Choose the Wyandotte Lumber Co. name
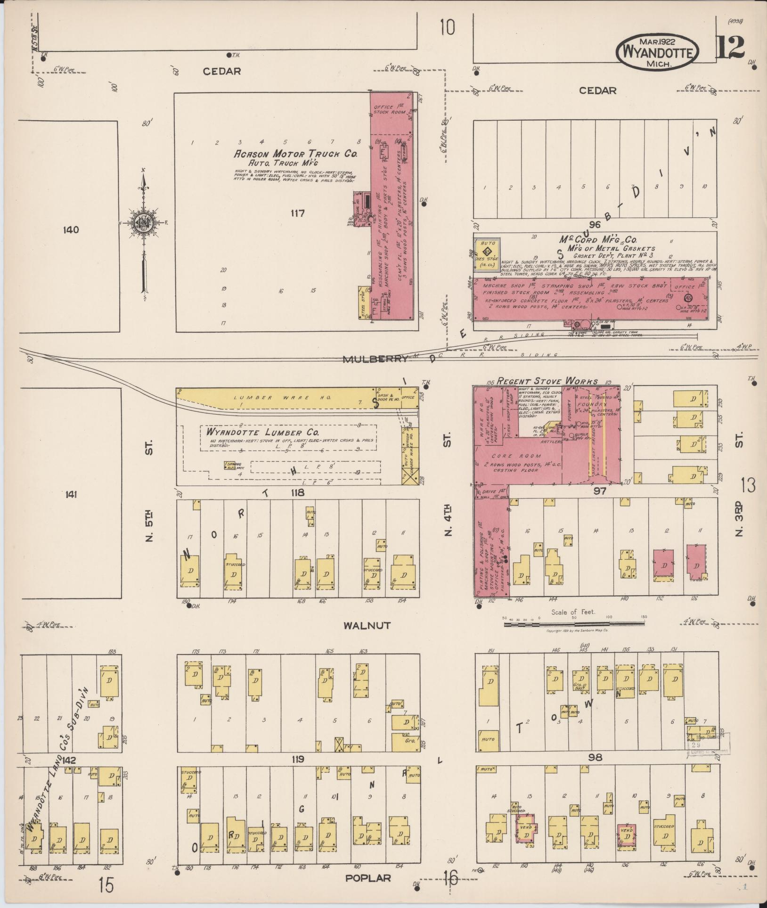[263, 432]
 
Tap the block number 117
[297, 213]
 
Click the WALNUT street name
[367, 625]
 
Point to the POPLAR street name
[368, 878]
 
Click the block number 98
[596, 757]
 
